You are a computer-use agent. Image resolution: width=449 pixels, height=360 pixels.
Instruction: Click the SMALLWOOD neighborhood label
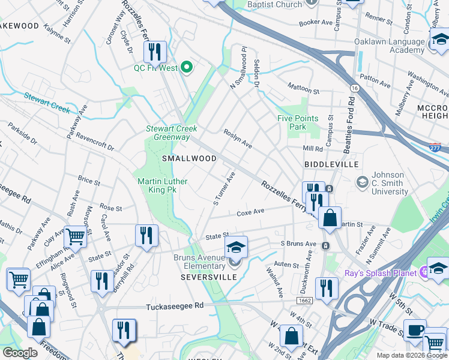tap(189, 158)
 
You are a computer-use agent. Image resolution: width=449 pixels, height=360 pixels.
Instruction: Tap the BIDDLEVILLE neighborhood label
tap(331, 164)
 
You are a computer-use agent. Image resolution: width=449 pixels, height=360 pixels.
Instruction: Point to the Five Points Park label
tap(292, 122)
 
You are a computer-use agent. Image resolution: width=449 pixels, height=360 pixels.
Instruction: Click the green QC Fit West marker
tap(186, 68)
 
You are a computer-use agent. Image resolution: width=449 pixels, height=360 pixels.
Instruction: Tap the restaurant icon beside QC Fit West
tap(155, 52)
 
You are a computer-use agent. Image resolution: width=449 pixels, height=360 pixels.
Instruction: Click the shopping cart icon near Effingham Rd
tap(76, 237)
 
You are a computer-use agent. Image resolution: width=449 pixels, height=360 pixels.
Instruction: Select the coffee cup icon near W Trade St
tap(414, 329)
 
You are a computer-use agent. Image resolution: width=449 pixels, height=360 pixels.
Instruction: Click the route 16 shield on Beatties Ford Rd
tap(355, 88)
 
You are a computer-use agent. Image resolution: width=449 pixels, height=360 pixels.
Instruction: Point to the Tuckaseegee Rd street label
tap(175, 306)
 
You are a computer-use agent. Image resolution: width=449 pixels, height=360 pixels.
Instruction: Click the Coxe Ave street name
tap(250, 212)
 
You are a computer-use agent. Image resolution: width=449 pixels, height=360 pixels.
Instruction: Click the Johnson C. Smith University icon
tap(362, 181)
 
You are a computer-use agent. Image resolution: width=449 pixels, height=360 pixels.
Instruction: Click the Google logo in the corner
tap(20, 352)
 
